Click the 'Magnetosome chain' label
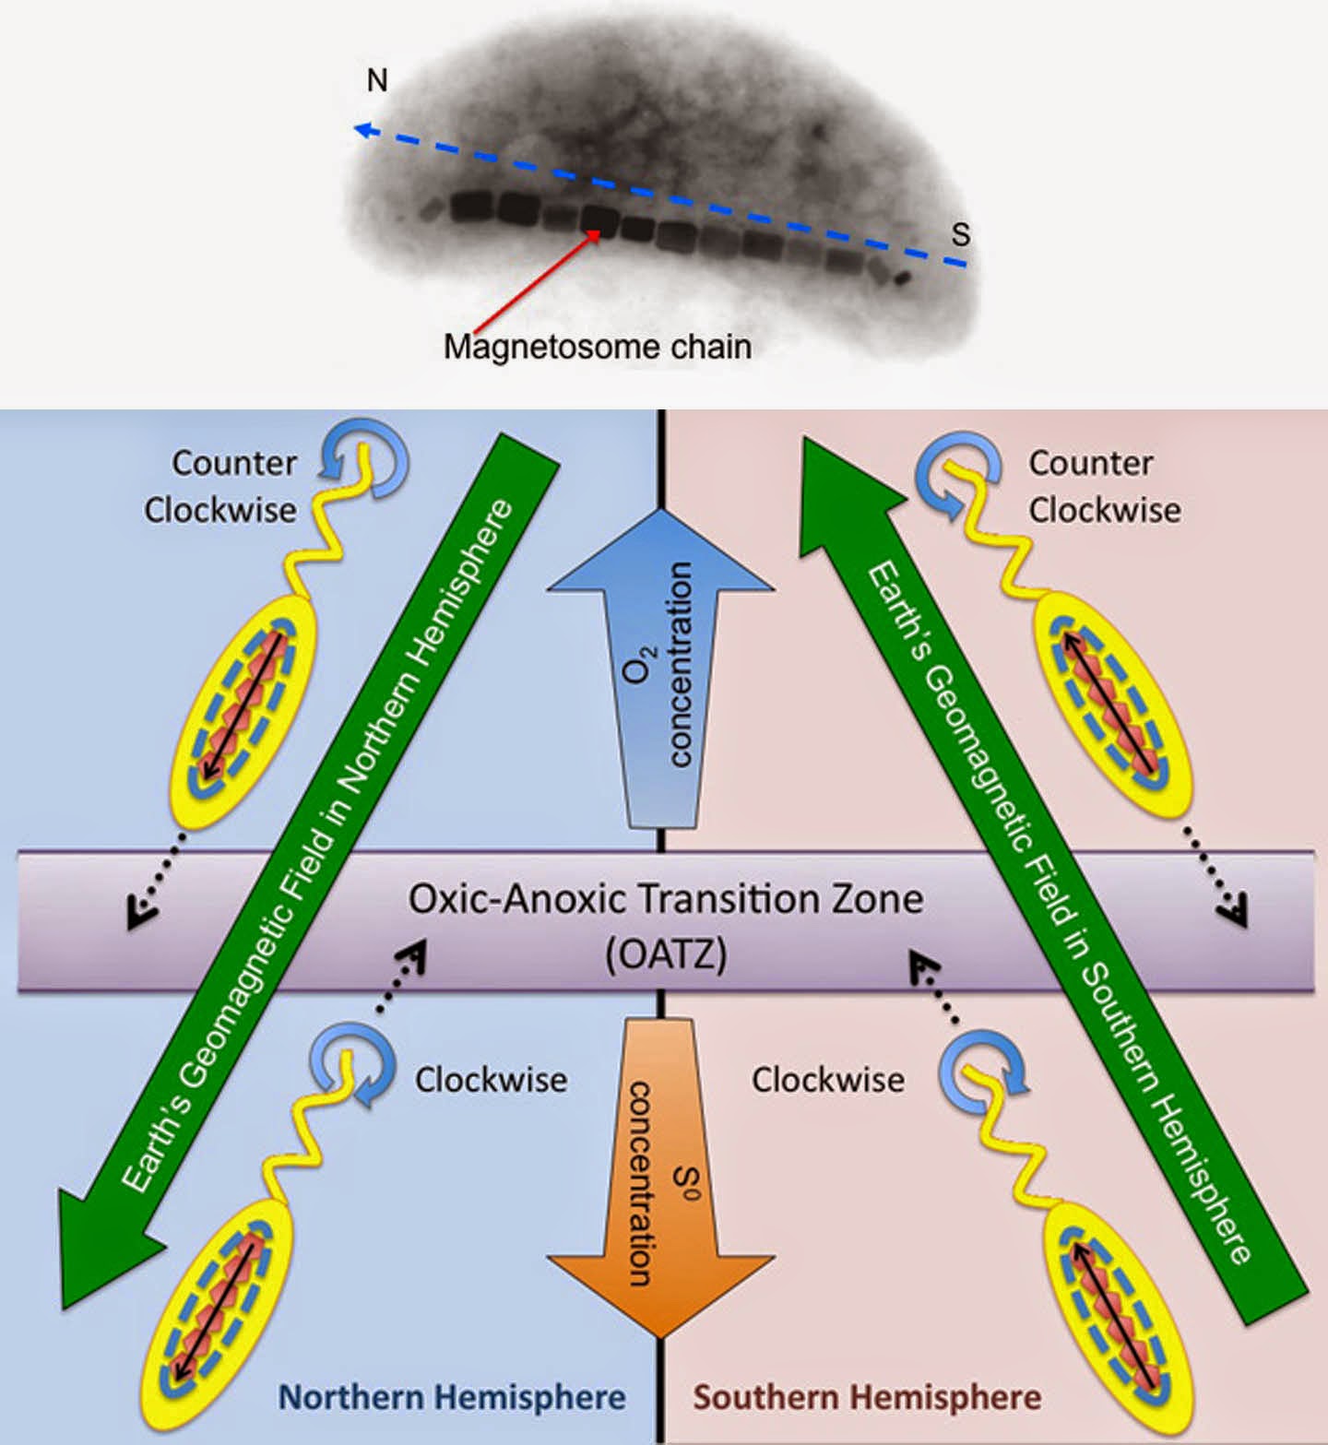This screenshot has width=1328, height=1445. [x=597, y=347]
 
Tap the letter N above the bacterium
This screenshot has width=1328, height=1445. [x=376, y=81]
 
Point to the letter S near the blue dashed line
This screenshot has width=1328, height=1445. [x=961, y=235]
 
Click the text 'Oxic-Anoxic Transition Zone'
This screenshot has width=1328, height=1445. [x=665, y=898]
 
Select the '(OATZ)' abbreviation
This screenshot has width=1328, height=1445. [x=666, y=953]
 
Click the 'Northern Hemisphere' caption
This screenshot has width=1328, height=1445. [x=452, y=1396]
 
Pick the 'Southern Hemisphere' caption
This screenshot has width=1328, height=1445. [x=867, y=1396]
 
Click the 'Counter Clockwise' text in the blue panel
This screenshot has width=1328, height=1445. [x=221, y=486]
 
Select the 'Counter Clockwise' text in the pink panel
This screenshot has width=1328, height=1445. [x=1104, y=486]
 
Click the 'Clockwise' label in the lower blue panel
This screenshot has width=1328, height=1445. [x=491, y=1079]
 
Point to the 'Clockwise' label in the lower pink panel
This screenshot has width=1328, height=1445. [x=827, y=1079]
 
